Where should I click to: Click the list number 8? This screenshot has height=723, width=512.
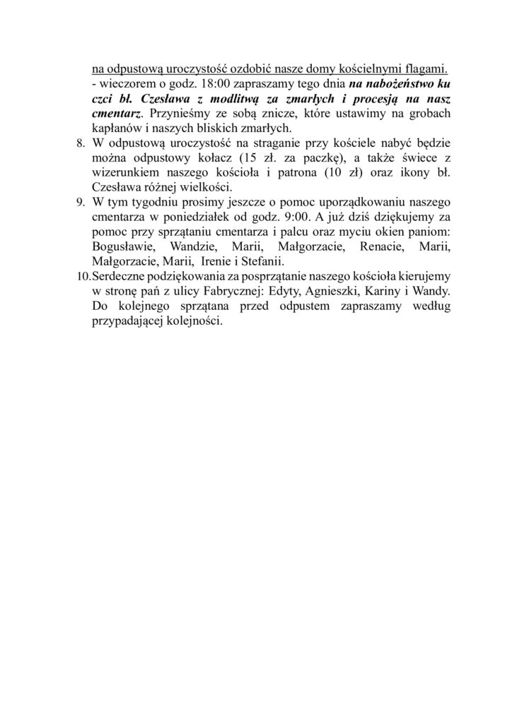80,145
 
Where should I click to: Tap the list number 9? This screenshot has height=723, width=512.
80,201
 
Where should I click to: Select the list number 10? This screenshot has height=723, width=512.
83,274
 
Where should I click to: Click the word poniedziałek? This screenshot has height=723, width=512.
191,217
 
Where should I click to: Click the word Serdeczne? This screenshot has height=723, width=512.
124,274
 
